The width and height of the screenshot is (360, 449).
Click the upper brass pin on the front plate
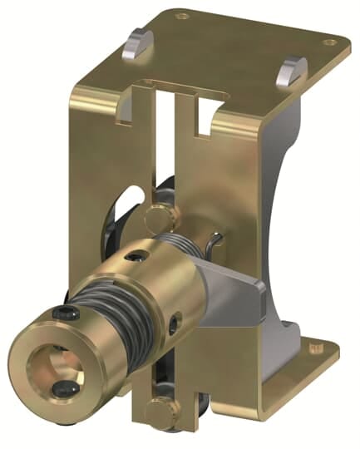(x=160, y=217)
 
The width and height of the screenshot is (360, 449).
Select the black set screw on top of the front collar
(x=64, y=313)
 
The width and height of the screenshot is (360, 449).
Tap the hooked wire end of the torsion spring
(x=216, y=242)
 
